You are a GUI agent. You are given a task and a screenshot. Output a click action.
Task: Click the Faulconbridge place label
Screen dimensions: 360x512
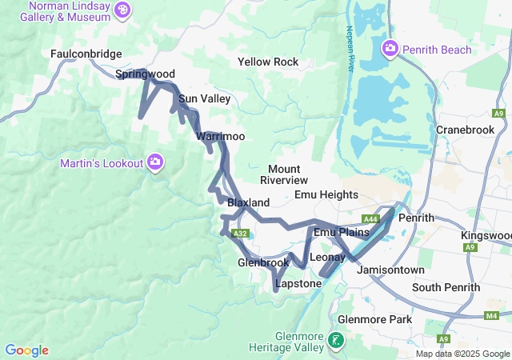86,54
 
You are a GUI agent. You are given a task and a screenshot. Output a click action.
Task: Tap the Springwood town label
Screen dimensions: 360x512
145,74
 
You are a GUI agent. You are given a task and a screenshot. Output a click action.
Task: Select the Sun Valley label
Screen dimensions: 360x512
205,99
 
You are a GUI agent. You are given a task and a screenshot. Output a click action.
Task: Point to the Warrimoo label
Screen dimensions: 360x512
220,137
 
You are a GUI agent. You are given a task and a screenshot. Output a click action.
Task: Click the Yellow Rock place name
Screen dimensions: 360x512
268,62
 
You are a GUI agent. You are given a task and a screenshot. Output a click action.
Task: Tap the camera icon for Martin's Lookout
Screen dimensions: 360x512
156,163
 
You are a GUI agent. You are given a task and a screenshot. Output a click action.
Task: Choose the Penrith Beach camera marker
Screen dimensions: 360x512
390,49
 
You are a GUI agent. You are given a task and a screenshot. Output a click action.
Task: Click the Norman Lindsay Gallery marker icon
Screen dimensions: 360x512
122,10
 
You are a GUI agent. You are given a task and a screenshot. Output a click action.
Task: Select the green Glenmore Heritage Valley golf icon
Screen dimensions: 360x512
336,342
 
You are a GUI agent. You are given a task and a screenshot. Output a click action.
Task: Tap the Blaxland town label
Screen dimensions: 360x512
248,203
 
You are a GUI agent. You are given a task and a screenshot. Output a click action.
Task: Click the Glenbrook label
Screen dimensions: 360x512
263,262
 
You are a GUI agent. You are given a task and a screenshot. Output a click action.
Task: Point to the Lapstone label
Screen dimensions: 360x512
298,284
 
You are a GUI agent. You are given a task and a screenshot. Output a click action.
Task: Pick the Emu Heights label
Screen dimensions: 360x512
326,194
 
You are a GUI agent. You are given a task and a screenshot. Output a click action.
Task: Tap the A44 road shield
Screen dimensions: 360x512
370,219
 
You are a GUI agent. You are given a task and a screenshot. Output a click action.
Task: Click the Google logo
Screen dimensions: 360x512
26,350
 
